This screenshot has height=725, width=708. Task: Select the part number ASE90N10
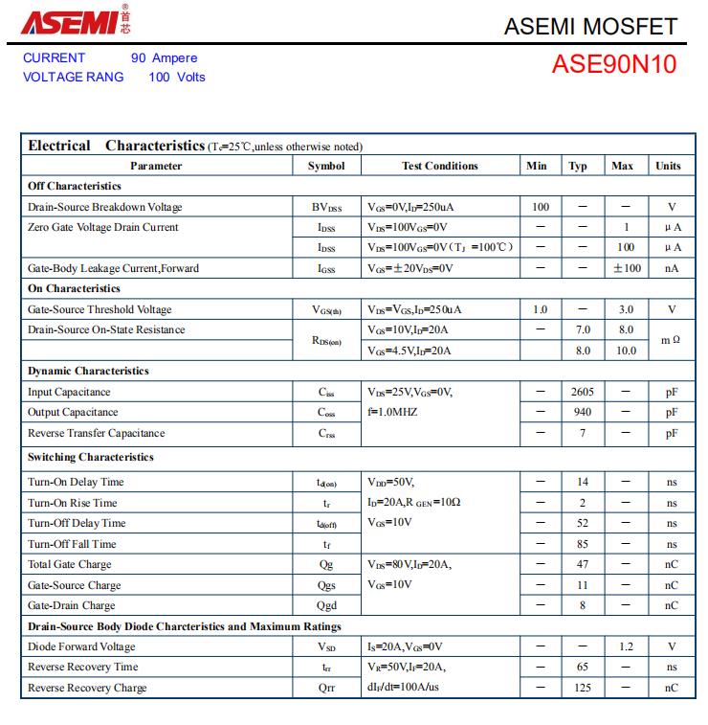[x=613, y=64]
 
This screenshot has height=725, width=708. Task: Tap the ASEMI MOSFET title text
[x=590, y=27]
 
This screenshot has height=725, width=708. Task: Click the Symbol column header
[x=326, y=166]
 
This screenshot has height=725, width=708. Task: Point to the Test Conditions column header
[x=439, y=166]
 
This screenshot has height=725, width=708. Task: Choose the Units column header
[x=668, y=166]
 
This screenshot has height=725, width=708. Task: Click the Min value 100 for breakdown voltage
[x=540, y=207]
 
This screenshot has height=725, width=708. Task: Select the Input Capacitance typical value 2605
[x=582, y=392]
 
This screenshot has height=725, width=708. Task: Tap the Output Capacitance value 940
[x=582, y=413]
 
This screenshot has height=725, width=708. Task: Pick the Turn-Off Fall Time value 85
[x=582, y=544]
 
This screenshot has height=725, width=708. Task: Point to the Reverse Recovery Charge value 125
[x=582, y=689]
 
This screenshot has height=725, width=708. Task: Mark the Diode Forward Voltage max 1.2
[x=626, y=647]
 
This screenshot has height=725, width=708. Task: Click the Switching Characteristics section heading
[x=91, y=458]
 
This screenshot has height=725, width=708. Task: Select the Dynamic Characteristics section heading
[x=89, y=371]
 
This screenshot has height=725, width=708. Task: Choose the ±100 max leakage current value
[x=627, y=268]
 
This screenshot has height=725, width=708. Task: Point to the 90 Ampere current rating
[x=164, y=57]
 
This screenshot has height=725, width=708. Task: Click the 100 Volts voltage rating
[x=177, y=77]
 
